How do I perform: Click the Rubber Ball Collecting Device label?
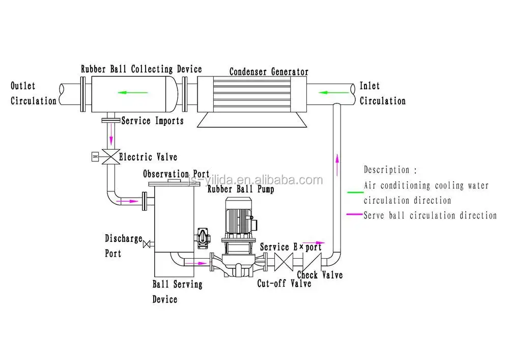(141, 69)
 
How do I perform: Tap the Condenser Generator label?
(268, 72)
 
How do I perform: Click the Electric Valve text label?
(148, 157)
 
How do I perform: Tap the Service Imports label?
(152, 121)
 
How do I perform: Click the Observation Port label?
(176, 174)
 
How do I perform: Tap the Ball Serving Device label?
(177, 291)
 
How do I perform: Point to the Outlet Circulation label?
(33, 94)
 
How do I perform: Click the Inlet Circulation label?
(382, 94)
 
